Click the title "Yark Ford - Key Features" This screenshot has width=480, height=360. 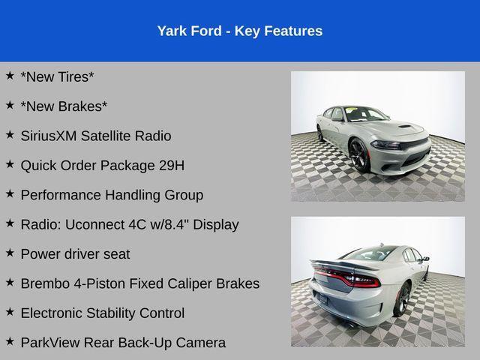pos(240,31)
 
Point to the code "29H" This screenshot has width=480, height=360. pos(170,165)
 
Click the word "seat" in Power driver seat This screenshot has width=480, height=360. pos(116,253)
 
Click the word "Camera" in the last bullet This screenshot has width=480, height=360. pos(200,343)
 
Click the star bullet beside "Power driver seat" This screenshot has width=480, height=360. pos(10,253)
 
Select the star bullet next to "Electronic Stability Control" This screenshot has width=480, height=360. pos(10,313)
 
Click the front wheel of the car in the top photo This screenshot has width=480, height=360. pos(359,155)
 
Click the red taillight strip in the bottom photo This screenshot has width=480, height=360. pos(352,279)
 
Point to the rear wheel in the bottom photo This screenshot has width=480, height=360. pos(403,298)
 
